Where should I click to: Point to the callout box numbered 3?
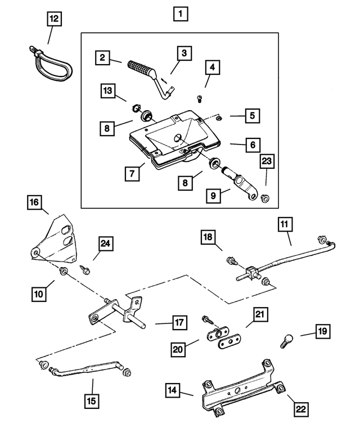184,53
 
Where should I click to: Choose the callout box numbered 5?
252,116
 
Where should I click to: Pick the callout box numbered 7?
131,173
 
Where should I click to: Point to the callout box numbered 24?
105,243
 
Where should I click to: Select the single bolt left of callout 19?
285,340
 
